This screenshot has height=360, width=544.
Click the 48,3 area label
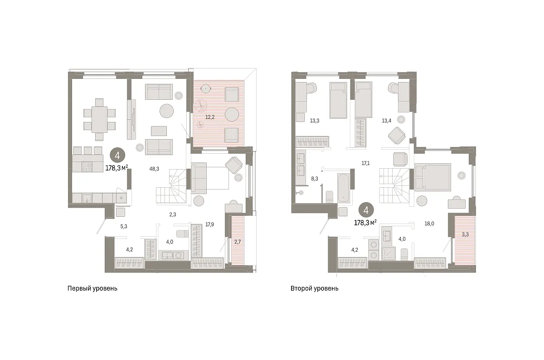[154, 169]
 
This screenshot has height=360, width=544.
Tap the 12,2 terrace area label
[210, 117]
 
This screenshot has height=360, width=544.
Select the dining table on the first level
[99, 119]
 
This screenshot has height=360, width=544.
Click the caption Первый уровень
[92, 288]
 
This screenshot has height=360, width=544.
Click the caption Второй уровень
[315, 288]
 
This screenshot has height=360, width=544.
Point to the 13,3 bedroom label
[315, 121]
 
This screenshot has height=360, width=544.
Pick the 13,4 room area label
[386, 121]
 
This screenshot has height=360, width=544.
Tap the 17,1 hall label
[365, 163]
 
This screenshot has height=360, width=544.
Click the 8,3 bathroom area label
[315, 179]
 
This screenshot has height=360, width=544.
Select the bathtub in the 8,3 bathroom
[344, 188]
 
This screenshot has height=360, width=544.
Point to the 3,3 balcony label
[465, 234]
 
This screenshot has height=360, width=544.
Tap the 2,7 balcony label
[237, 242]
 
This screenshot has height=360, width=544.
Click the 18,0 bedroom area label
[429, 224]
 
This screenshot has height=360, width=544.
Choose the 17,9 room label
[209, 224]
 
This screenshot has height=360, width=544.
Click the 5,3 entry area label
[124, 226]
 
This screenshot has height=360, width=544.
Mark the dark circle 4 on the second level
[366, 210]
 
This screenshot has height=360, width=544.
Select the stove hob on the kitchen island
[87, 167]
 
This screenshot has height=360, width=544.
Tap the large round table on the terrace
[232, 114]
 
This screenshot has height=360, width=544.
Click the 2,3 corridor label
[173, 214]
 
